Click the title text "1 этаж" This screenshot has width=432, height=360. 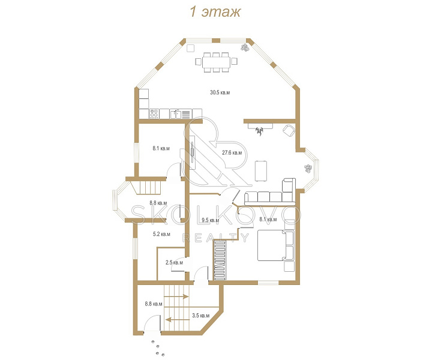pyautogui.click(x=215, y=12)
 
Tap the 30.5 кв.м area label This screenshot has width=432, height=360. pyautogui.click(x=220, y=92)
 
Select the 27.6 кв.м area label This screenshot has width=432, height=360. pyautogui.click(x=232, y=152)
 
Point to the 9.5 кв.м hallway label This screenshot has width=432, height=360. pyautogui.click(x=210, y=220)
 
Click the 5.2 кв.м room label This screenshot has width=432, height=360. pyautogui.click(x=161, y=234)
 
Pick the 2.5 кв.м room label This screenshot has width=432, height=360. pyautogui.click(x=174, y=262)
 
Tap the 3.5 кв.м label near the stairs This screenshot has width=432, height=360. pyautogui.click(x=201, y=316)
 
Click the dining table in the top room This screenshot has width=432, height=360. pyautogui.click(x=216, y=62)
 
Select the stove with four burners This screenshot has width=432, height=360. pyautogui.click(x=154, y=114)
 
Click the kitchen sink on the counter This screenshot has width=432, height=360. pyautogui.click(x=175, y=114)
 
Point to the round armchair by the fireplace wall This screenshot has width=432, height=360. pyautogui.click(x=289, y=130)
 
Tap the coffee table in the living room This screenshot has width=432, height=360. pyautogui.click(x=260, y=171)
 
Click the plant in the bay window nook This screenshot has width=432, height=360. pyautogui.click(x=308, y=168)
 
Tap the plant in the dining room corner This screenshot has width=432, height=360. pyautogui.click(x=245, y=47)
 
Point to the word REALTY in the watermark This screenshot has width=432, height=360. pyautogui.click(x=216, y=238)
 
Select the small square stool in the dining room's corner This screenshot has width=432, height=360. pyautogui.click(x=190, y=48)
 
